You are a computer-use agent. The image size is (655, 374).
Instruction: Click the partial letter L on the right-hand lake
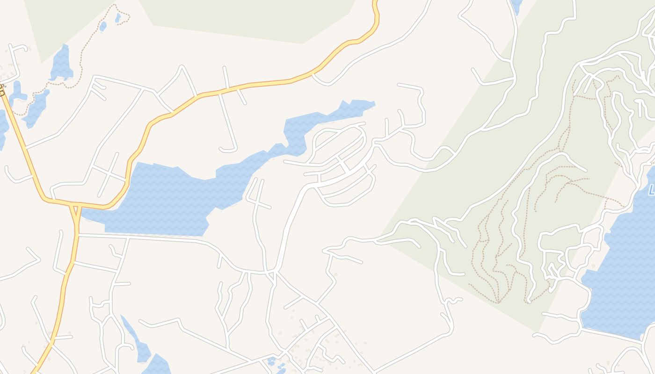coord(651,190)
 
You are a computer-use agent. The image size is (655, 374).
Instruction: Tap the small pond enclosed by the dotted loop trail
coord(118,18)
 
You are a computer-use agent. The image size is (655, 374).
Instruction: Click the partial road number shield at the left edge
coord(2,90)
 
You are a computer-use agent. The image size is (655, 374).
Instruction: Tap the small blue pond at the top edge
coord(517,6)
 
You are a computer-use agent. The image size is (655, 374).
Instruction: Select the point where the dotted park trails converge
coord(499,302)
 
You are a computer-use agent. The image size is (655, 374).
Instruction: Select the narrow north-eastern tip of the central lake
coord(365,105)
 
